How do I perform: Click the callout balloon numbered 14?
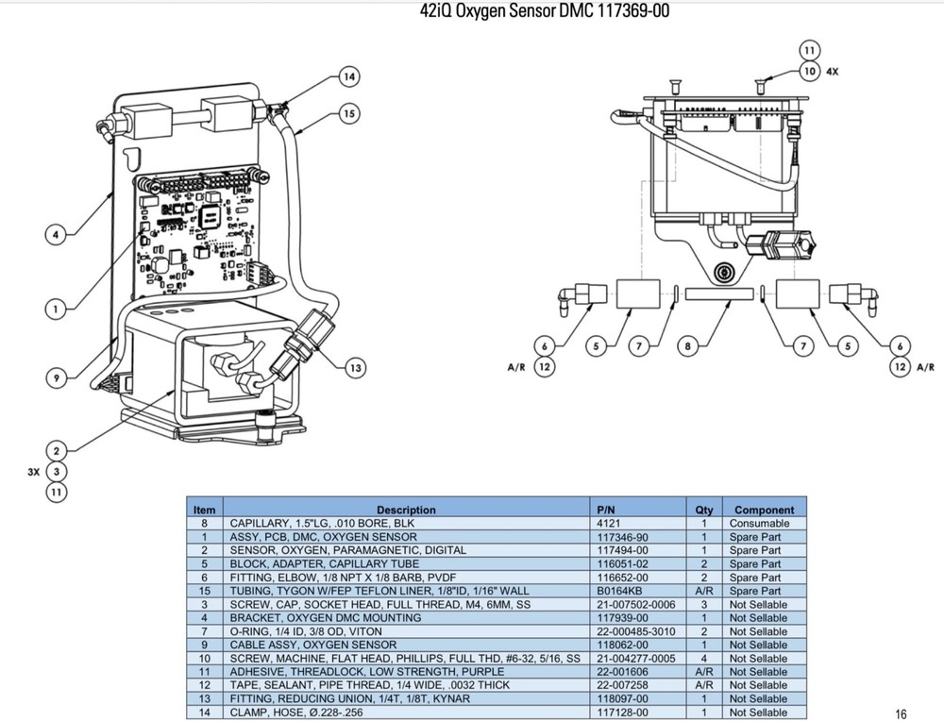348,75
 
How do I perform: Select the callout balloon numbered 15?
348,114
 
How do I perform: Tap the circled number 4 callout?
57,234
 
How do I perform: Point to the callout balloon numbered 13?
355,368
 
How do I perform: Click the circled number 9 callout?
57,377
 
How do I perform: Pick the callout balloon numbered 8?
688,346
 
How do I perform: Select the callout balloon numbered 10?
809,71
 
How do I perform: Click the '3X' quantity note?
34,471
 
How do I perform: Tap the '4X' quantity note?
832,71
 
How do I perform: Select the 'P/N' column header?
606,510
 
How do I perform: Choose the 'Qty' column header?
704,510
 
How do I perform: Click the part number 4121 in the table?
609,523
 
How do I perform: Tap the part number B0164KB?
615,591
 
